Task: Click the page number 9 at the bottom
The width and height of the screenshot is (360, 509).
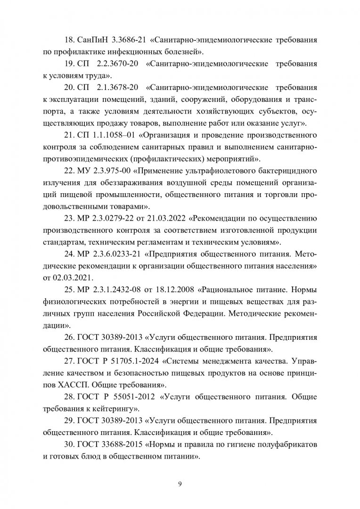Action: pos(180,483)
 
